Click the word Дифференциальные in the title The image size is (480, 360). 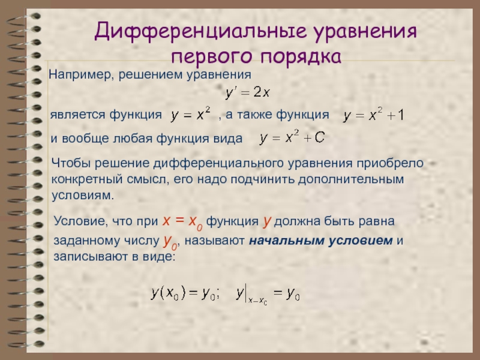coord(200,31)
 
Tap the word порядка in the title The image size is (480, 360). coord(301,56)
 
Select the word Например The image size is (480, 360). coord(82,75)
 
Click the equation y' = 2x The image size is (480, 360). coord(247,92)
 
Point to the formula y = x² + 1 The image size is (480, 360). coord(373,115)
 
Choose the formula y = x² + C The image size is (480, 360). coord(292,137)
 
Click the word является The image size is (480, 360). coord(78,115)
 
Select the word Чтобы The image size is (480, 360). coord(71,163)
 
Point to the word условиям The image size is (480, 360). coord(83,196)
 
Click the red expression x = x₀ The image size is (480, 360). coord(182,221)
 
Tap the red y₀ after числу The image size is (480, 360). coord(170,241)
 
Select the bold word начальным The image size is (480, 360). coord(287,241)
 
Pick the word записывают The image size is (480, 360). coord(91,256)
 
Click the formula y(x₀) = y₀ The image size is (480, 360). coord(185,293)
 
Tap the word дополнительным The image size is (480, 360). coord(351,179)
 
